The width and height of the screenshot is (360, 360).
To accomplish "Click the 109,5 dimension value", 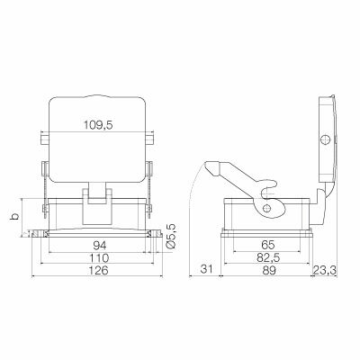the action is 98,125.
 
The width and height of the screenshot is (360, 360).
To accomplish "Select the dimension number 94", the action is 100,246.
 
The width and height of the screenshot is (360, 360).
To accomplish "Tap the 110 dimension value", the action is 100,257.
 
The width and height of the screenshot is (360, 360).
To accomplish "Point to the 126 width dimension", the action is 98,270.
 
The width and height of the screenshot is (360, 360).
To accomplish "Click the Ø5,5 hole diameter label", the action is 170,236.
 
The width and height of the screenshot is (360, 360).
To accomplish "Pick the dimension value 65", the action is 267,245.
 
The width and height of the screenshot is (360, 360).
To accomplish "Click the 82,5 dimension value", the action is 267,257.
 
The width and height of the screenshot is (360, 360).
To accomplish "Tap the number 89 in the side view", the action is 268,270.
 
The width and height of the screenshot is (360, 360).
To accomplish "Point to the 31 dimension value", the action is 206,269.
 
